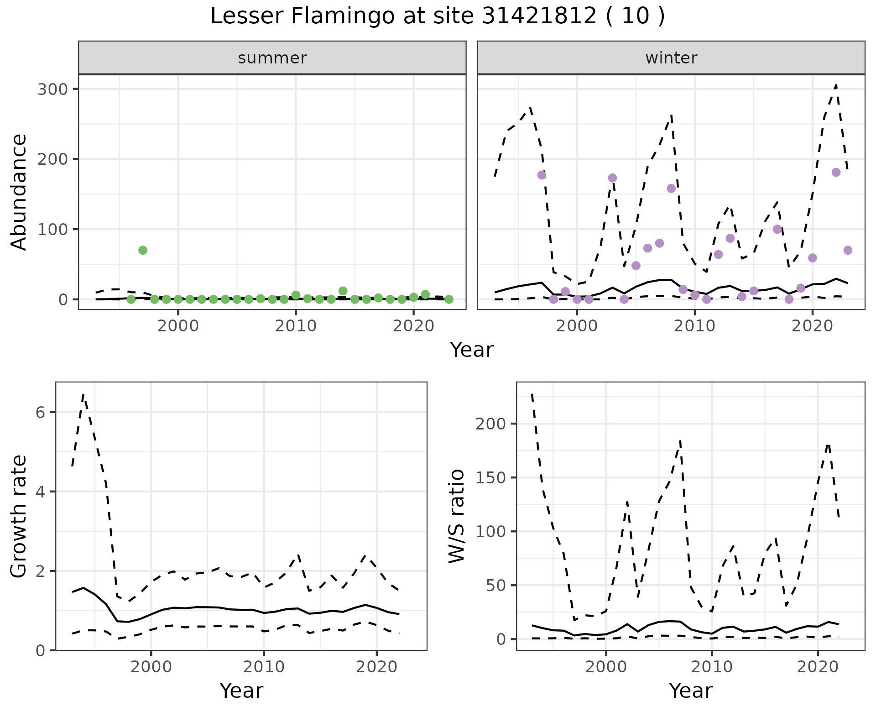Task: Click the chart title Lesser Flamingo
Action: pyautogui.click(x=437, y=16)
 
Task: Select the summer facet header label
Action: pyautogui.click(x=272, y=58)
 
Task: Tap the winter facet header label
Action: pyautogui.click(x=671, y=58)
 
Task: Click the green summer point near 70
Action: pyautogui.click(x=143, y=250)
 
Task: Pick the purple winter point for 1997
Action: pyautogui.click(x=542, y=175)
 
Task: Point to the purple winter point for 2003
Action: pyautogui.click(x=612, y=178)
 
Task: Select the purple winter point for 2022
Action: pyautogui.click(x=836, y=173)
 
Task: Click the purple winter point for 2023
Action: pyautogui.click(x=848, y=250)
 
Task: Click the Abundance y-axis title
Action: pyautogui.click(x=19, y=192)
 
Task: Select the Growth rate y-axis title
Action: pyautogui.click(x=19, y=516)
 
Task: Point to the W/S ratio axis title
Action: pyautogui.click(x=457, y=516)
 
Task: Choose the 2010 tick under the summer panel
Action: pyautogui.click(x=296, y=326)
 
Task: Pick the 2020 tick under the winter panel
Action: pyautogui.click(x=812, y=326)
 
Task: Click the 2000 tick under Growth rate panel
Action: pyautogui.click(x=151, y=667)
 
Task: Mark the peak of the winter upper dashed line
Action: pyautogui.click(x=836, y=85)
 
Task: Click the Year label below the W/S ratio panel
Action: pyautogui.click(x=690, y=691)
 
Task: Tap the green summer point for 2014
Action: pyautogui.click(x=343, y=291)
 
